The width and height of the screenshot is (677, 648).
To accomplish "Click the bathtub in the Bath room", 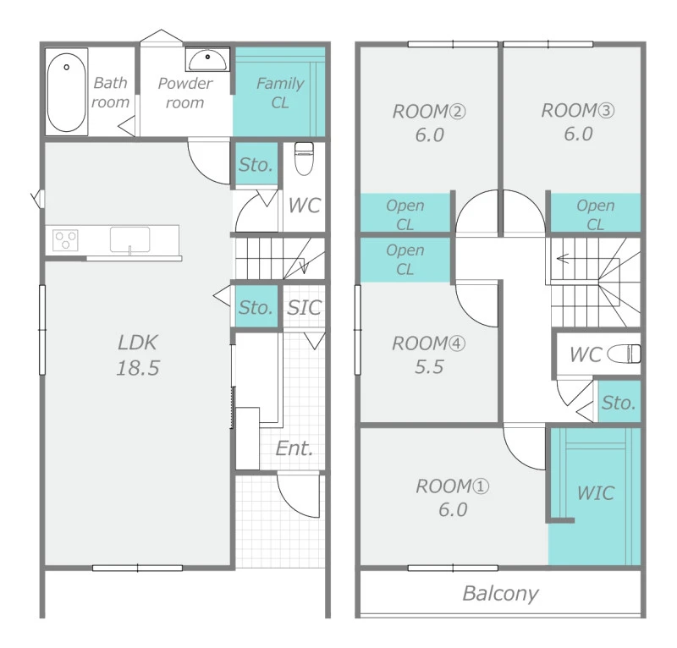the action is pyautogui.click(x=66, y=92).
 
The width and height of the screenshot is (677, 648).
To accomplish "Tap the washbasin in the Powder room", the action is pyautogui.click(x=207, y=59).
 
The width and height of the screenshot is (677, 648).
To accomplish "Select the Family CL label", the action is pyautogui.click(x=280, y=93).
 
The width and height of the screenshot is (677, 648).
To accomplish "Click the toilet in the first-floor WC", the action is pyautogui.click(x=304, y=158).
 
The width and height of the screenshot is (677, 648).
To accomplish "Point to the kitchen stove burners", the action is pyautogui.click(x=65, y=240).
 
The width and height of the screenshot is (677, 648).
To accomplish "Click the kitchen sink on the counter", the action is pyautogui.click(x=129, y=239).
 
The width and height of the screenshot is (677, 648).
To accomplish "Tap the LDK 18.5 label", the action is pyautogui.click(x=138, y=354).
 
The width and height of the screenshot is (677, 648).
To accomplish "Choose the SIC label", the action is pyautogui.click(x=305, y=307).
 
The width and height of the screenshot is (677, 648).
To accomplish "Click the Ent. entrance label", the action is pyautogui.click(x=294, y=448).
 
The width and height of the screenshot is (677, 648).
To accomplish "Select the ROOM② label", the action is pyautogui.click(x=429, y=112).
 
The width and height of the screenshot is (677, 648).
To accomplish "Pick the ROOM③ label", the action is pyautogui.click(x=578, y=111).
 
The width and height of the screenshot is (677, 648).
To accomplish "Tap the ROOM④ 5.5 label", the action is pyautogui.click(x=429, y=354).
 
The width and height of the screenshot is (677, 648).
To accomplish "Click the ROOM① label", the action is pyautogui.click(x=452, y=486).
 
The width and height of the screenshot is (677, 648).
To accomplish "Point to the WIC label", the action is pyautogui.click(x=596, y=493).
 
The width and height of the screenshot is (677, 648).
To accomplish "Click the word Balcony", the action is pyautogui.click(x=500, y=594).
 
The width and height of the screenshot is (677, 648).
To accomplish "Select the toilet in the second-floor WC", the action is pyautogui.click(x=625, y=354).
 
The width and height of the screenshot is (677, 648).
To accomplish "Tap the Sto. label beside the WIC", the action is pyautogui.click(x=619, y=403).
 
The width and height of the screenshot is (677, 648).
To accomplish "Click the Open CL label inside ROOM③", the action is pyautogui.click(x=596, y=215).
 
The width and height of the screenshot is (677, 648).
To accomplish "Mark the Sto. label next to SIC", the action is pyautogui.click(x=256, y=307).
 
